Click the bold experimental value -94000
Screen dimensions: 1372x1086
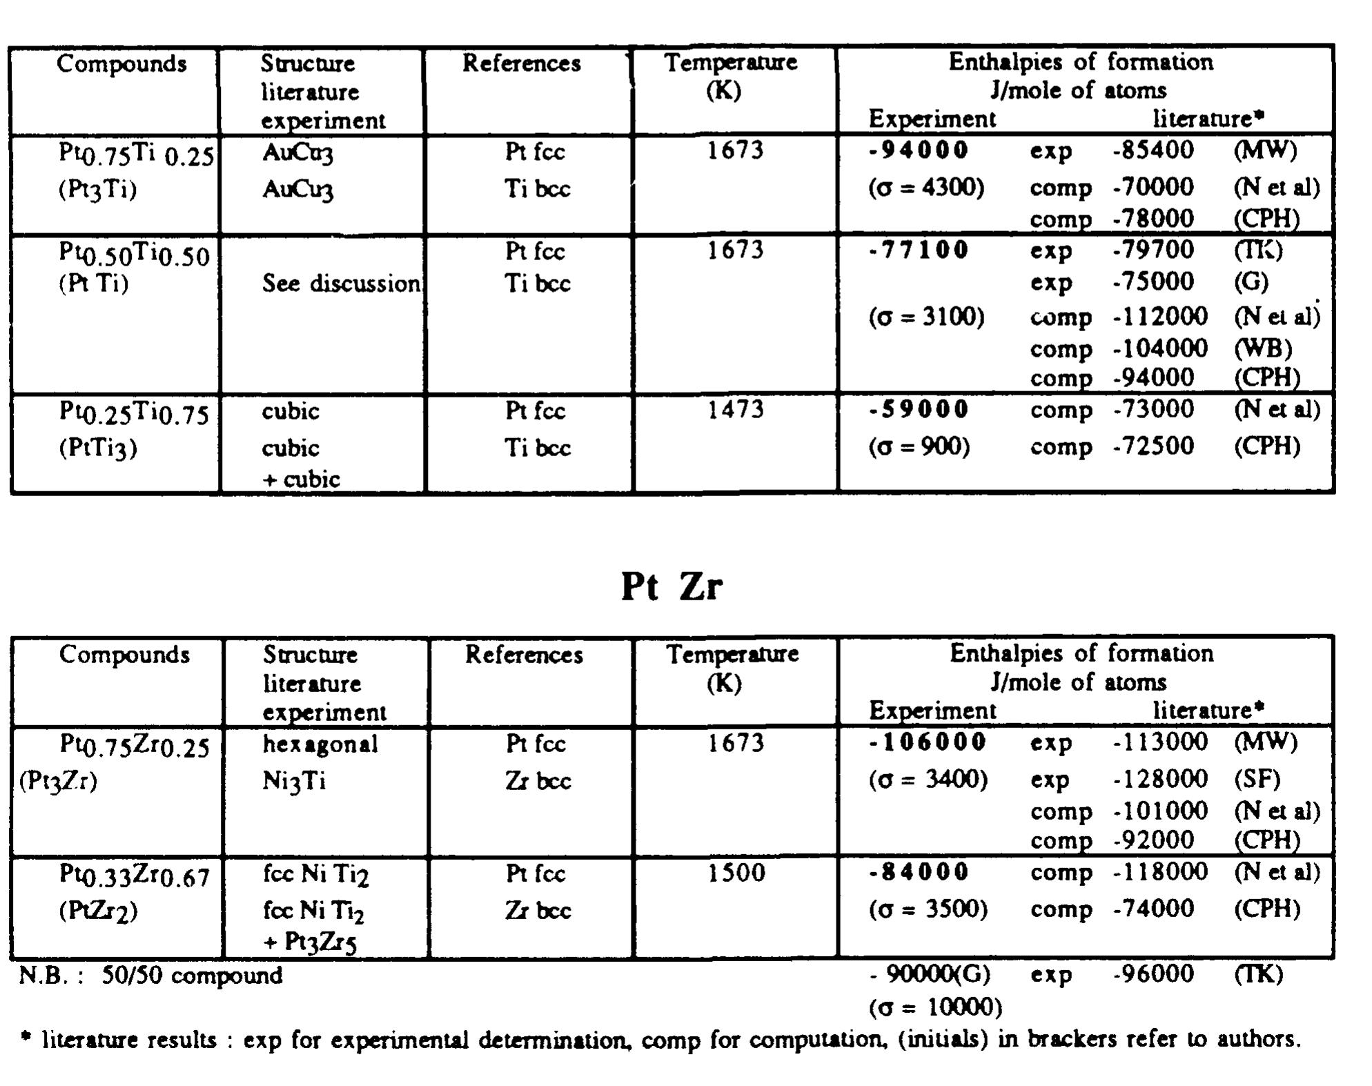point(918,150)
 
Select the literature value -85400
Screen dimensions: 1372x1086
point(1153,150)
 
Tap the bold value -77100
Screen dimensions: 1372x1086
point(918,250)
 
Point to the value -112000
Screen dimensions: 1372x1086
point(1160,317)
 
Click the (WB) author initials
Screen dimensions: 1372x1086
point(1262,348)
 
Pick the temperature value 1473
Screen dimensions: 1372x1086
point(735,410)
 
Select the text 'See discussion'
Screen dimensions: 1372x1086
point(341,284)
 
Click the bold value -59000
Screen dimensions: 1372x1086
point(918,410)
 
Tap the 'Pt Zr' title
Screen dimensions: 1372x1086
point(672,586)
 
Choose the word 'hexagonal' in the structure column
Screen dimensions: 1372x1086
point(320,744)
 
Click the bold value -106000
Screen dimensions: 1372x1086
point(927,742)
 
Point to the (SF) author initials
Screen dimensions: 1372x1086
point(1257,779)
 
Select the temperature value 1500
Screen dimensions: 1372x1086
point(736,873)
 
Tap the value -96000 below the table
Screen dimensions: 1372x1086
point(1153,974)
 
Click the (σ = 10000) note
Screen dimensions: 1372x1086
point(935,1007)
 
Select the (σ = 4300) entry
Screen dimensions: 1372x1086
point(926,188)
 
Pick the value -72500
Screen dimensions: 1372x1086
point(1153,446)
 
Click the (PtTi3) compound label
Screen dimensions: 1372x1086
point(97,448)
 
